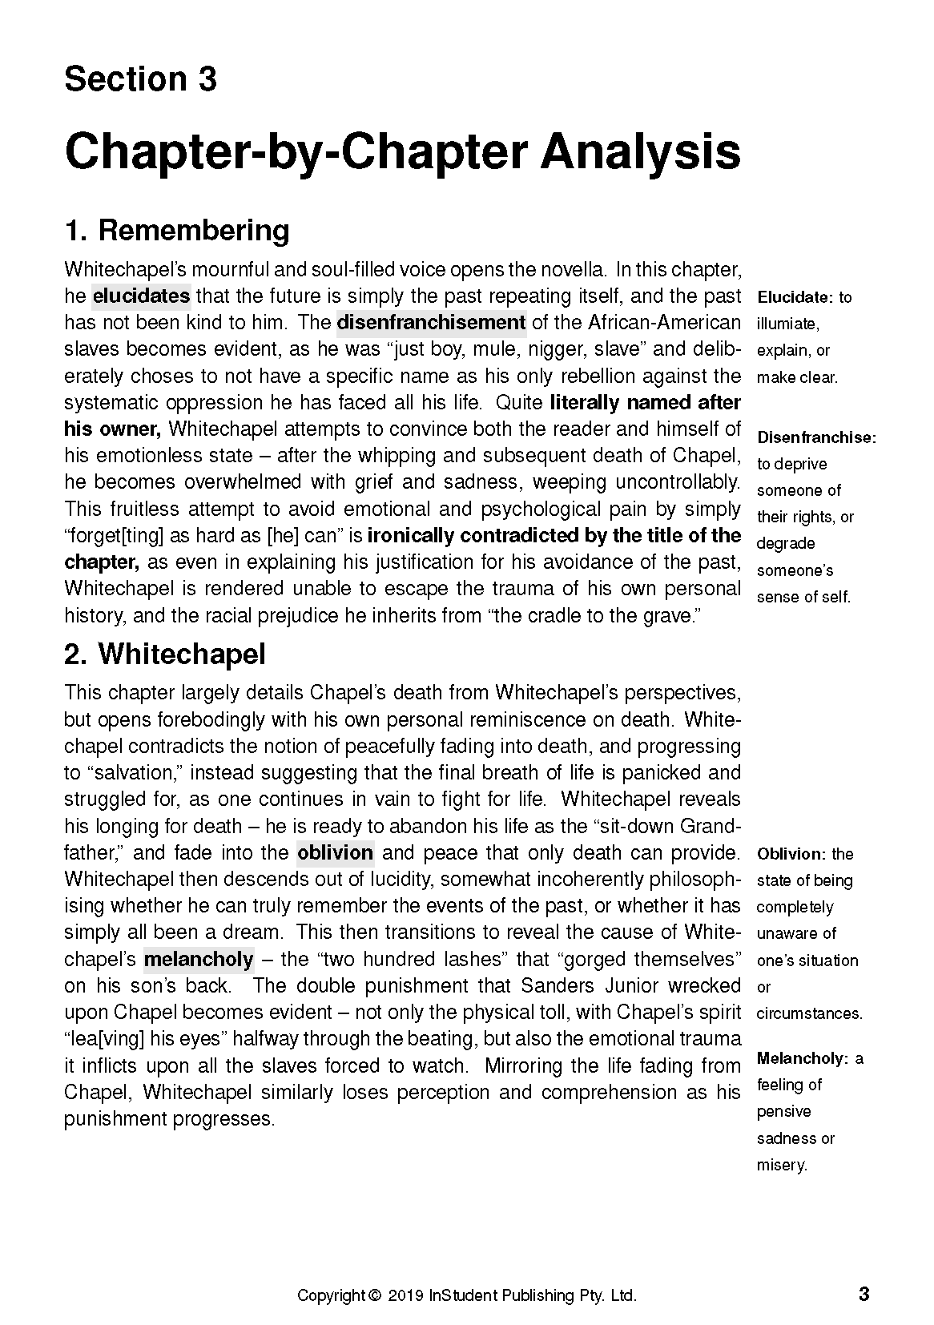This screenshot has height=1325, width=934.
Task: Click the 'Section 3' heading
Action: tap(140, 79)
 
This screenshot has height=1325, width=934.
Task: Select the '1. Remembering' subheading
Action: tap(176, 231)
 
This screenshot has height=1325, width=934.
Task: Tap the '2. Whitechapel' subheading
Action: tap(164, 654)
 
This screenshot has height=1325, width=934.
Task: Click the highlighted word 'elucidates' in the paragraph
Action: tap(141, 296)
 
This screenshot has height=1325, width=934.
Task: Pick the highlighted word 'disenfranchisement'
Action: tap(431, 323)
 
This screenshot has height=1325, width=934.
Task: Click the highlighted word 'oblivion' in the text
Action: tap(335, 852)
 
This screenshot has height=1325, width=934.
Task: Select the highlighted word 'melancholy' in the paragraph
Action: tap(198, 959)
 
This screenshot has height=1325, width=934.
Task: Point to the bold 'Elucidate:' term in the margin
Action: tap(795, 297)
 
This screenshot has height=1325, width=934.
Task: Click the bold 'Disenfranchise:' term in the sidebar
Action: tap(816, 437)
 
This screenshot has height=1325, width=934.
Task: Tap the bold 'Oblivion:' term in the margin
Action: tap(791, 854)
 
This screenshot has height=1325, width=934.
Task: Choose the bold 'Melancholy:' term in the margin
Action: tap(802, 1059)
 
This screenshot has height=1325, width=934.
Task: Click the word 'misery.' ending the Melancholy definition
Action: tap(782, 1165)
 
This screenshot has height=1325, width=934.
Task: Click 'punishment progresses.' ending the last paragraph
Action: tap(169, 1118)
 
